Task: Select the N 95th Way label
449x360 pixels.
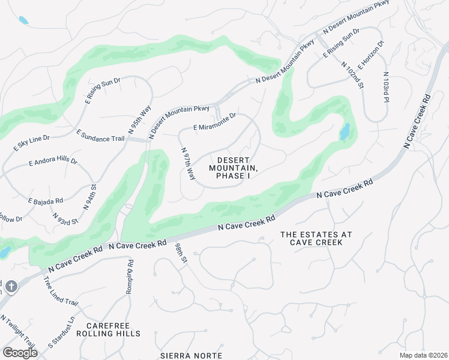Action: (x=139, y=119)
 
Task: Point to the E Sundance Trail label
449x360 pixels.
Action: (x=100, y=134)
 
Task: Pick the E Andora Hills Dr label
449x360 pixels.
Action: (x=53, y=162)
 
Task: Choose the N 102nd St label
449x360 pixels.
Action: (x=353, y=75)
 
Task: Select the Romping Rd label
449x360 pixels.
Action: (x=130, y=277)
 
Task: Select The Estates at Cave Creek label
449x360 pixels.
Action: (x=316, y=238)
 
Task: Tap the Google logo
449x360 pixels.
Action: (x=20, y=352)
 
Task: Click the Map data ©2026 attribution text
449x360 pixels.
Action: (x=423, y=355)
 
